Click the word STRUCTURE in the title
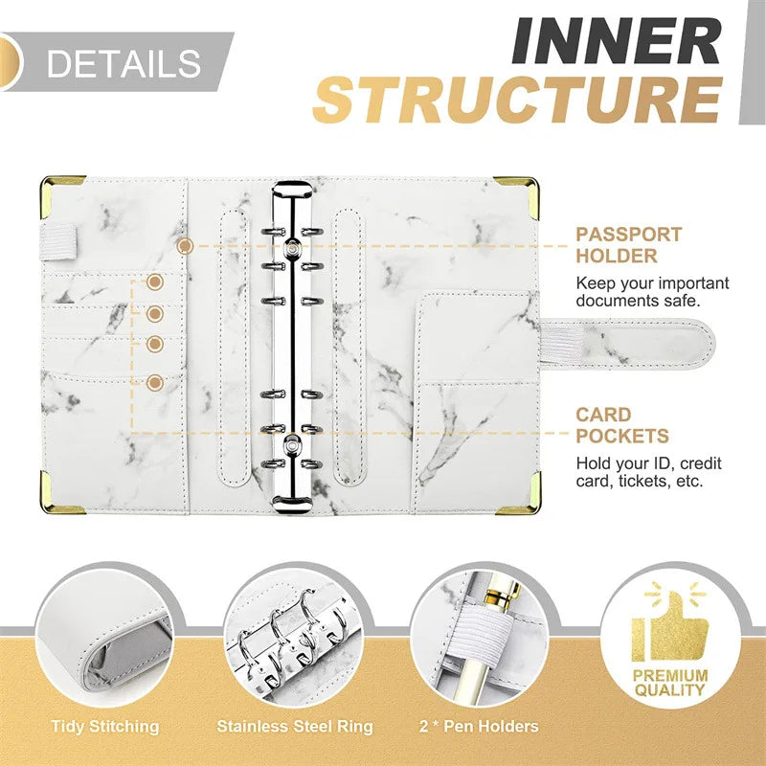point(517,100)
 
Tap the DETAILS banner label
point(124,63)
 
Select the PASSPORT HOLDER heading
point(629,245)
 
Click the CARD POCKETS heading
point(621,425)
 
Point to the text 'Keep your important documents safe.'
point(651,292)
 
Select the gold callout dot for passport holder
point(185,246)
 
